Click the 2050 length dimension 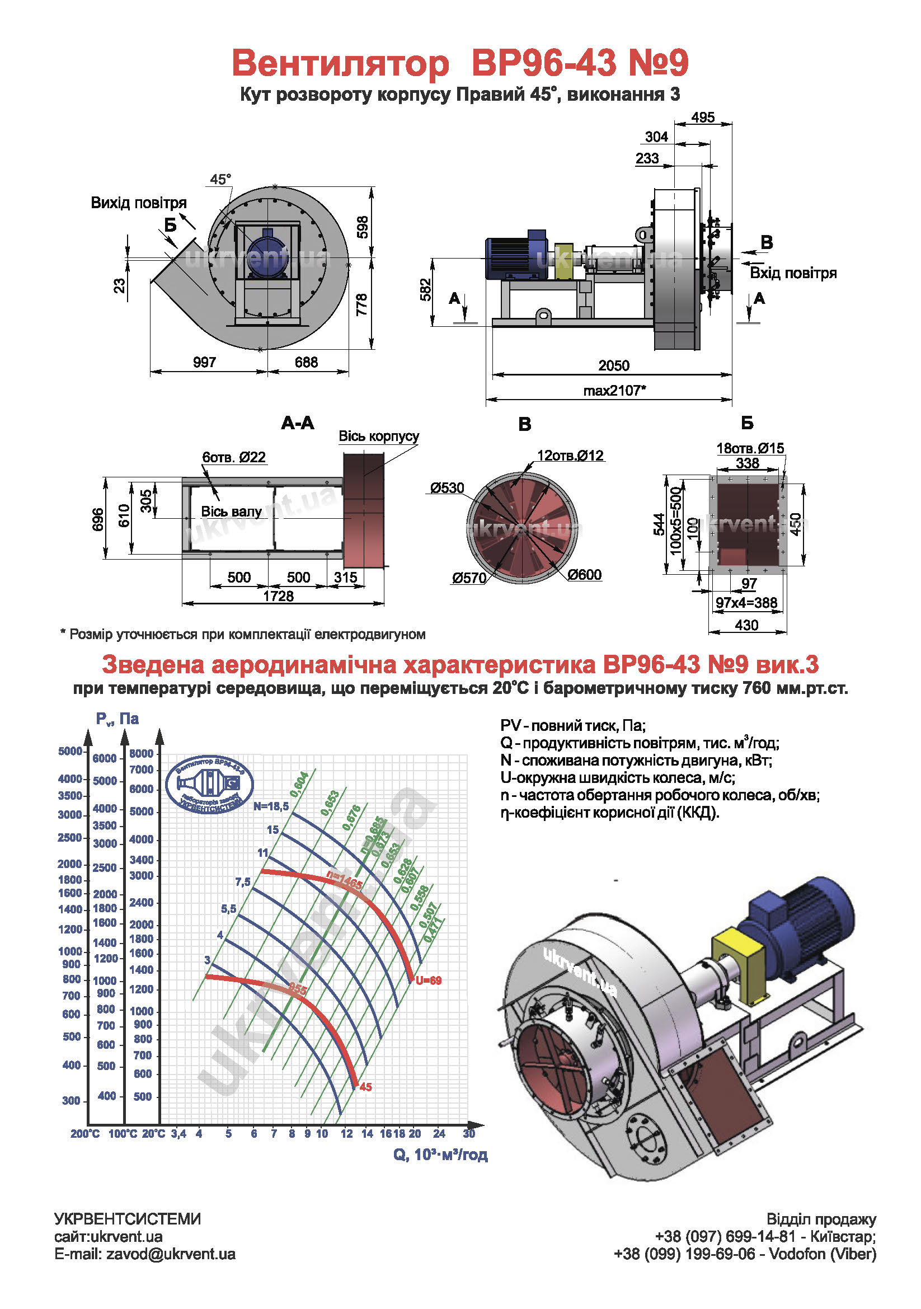[613, 365]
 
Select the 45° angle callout [220, 179]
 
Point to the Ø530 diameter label [447, 488]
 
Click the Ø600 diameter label [584, 575]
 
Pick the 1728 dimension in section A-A [278, 596]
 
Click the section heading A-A [298, 423]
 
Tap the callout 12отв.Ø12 [570, 456]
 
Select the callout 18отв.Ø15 [750, 448]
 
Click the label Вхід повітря [793, 273]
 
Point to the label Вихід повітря [139, 203]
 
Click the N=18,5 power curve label [271, 806]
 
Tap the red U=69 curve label [429, 980]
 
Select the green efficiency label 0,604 [299, 785]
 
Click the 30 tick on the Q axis [469, 1133]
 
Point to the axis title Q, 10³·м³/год [440, 1155]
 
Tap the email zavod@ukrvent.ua [145, 1254]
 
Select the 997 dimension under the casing [204, 362]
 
